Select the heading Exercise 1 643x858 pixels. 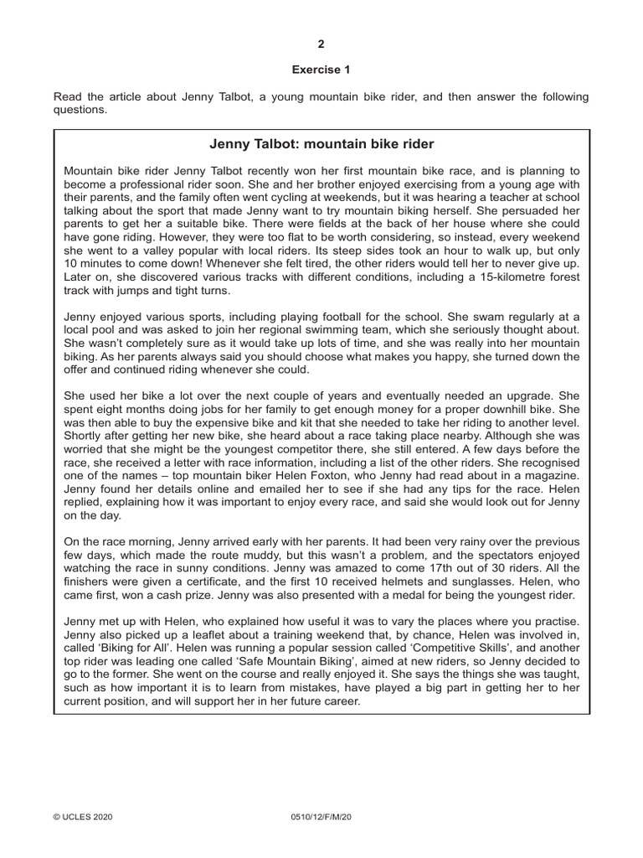321,70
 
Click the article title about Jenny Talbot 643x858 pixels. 321,144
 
